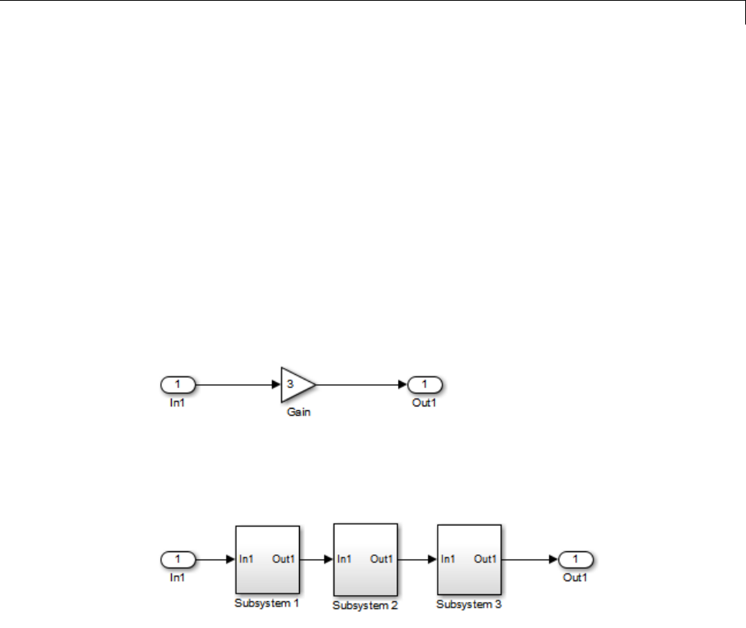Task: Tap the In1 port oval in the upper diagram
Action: (x=178, y=384)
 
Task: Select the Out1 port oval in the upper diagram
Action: (x=426, y=384)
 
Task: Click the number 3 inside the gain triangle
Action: (x=290, y=383)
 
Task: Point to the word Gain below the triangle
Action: (x=298, y=412)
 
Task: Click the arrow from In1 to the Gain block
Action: (x=238, y=384)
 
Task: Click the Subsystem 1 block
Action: (x=267, y=559)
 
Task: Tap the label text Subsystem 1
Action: (x=267, y=603)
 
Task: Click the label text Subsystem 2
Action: (x=365, y=605)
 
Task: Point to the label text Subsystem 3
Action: (x=469, y=604)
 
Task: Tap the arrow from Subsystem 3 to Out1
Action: (x=531, y=559)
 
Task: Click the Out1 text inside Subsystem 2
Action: (x=381, y=559)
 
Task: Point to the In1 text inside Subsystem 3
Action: (x=449, y=559)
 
